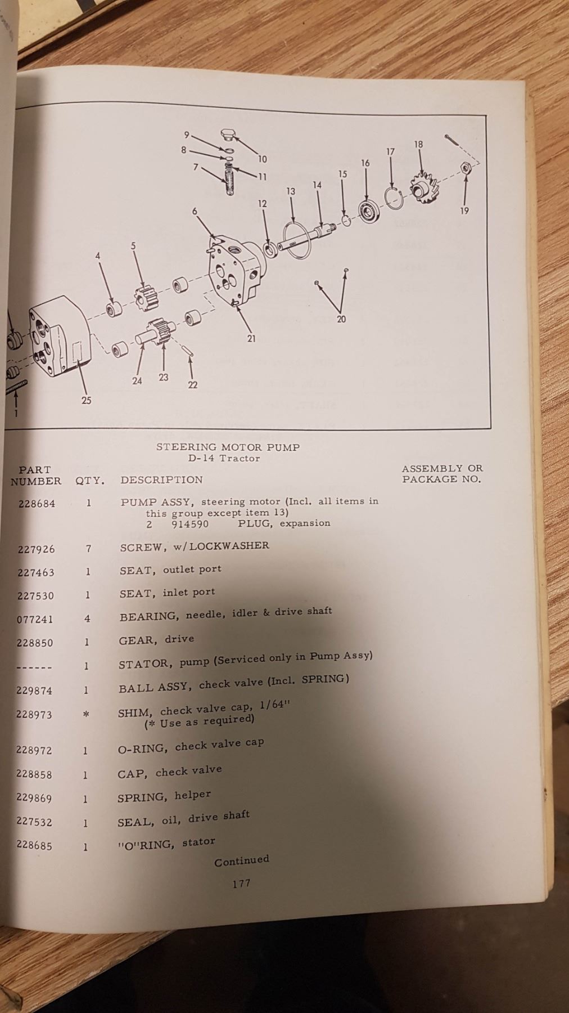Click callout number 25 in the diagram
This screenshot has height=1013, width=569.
(86, 401)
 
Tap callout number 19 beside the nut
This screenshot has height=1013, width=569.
(464, 212)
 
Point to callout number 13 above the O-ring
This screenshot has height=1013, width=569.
(291, 191)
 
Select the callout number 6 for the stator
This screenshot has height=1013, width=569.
(195, 211)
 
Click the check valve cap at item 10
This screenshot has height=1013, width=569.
(228, 135)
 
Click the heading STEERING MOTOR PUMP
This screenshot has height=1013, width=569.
(228, 447)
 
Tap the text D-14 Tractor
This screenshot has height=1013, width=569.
(224, 458)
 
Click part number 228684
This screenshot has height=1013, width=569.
(37, 504)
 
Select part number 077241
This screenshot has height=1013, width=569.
(35, 620)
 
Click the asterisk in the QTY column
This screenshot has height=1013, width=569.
(86, 714)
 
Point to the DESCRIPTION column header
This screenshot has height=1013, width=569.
(161, 480)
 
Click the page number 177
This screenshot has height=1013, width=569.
(241, 884)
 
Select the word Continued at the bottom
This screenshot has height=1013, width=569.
(242, 860)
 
